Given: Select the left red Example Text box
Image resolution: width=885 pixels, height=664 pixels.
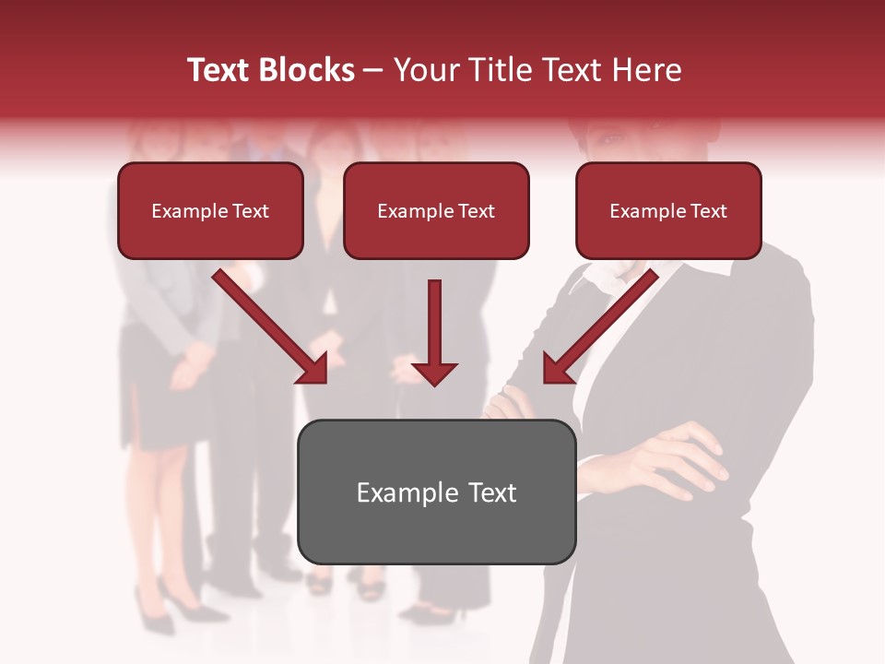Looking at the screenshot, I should tap(210, 210).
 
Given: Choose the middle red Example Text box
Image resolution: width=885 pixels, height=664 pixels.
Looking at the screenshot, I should tap(436, 210).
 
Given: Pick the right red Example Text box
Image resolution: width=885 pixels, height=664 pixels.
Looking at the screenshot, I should tap(668, 210).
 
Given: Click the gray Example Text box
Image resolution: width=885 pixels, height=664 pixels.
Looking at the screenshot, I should tap(436, 492).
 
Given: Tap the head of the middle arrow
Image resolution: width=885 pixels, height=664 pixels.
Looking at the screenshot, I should tap(434, 373).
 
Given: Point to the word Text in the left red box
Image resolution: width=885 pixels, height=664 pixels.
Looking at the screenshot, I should tap(250, 211).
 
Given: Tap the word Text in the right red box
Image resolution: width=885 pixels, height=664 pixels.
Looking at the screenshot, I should tap(708, 211).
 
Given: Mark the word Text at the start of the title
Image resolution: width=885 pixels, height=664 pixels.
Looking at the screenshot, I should tap(220, 70).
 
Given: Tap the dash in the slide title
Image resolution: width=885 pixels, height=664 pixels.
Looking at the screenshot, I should tap(373, 71).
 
